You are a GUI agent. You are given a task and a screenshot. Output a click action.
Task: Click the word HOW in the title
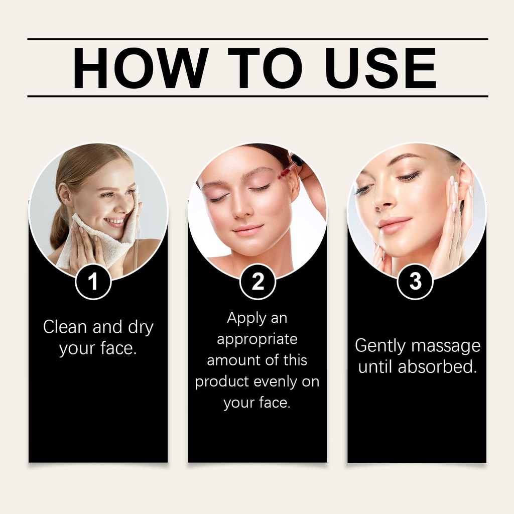141,68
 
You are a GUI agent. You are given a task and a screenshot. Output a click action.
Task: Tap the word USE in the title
380,68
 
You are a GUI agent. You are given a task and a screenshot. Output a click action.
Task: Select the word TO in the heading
265,68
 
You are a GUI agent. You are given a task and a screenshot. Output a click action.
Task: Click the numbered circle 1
93,281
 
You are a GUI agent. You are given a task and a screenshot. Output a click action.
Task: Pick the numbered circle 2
258,281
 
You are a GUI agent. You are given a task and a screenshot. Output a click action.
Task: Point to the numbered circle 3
415,281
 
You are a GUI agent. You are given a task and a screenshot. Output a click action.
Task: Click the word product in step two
222,382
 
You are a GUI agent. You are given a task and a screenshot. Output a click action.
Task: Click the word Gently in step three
380,346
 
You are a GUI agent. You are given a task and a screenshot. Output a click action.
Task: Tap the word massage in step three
446,346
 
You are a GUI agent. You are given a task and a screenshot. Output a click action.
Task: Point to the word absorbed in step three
437,366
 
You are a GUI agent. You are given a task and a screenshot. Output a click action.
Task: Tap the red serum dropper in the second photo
287,169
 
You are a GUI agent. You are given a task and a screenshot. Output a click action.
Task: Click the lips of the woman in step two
248,229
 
